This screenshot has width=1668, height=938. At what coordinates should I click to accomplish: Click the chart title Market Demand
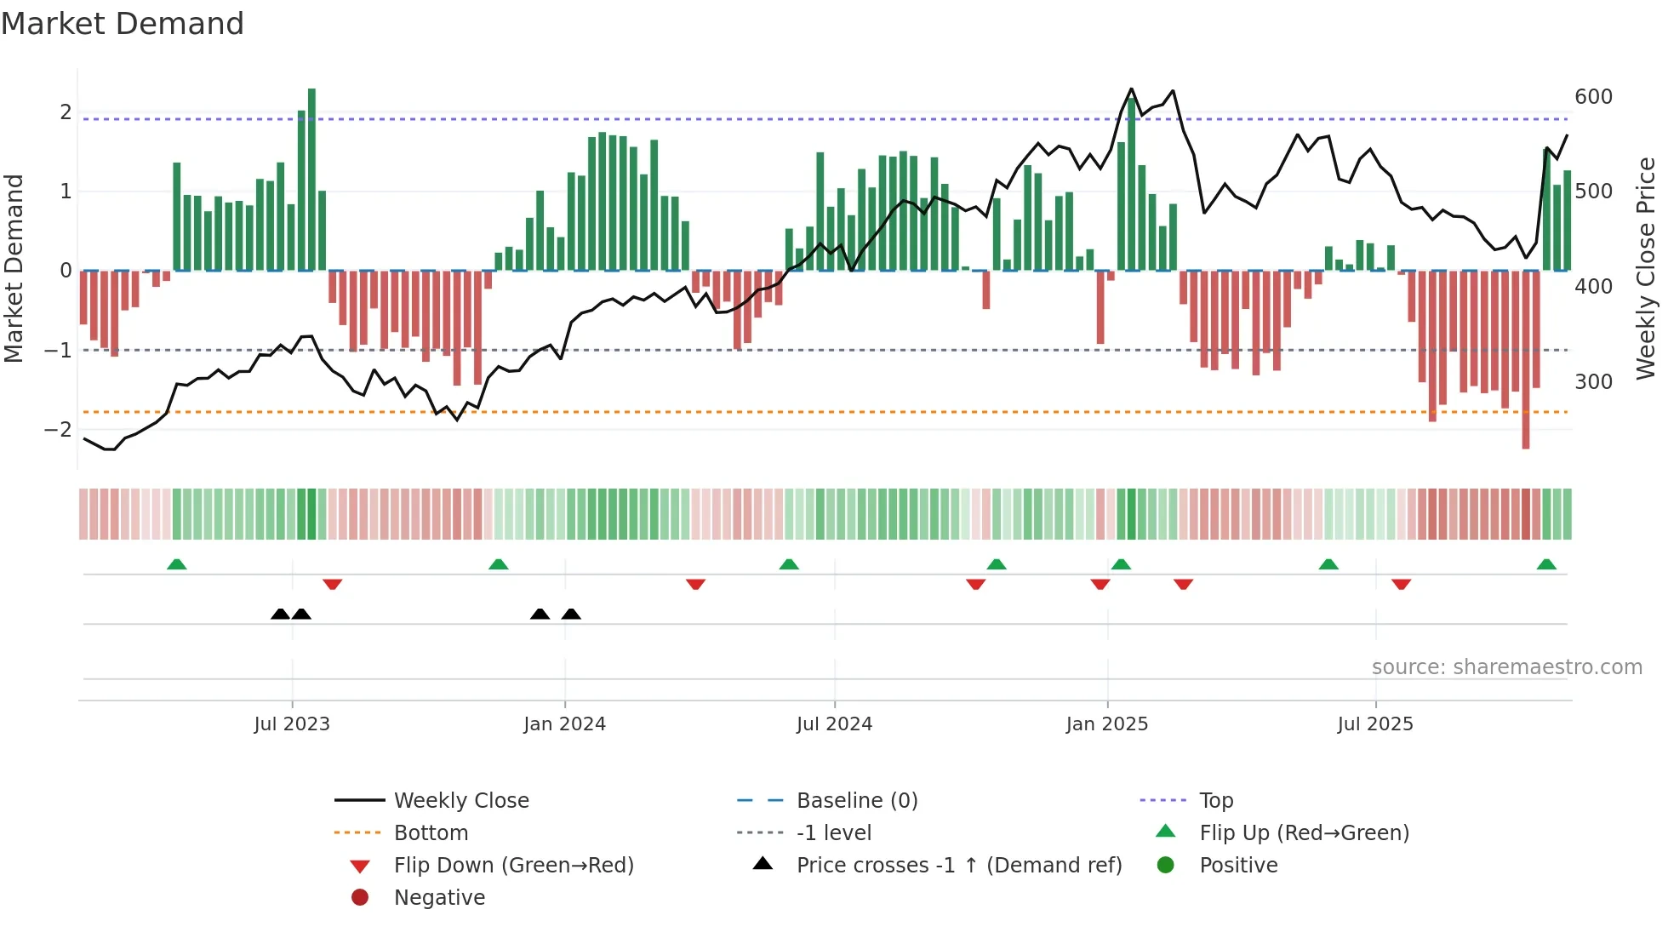pyautogui.click(x=123, y=24)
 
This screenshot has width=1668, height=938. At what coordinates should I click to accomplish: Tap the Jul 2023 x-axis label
pyautogui.click(x=291, y=724)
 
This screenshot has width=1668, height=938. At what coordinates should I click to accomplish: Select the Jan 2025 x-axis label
pyautogui.click(x=1106, y=724)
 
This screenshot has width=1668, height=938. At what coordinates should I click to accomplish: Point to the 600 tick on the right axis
pyautogui.click(x=1593, y=97)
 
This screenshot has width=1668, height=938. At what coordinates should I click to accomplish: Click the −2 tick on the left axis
pyautogui.click(x=59, y=430)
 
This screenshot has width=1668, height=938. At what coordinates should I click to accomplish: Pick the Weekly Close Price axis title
pyautogui.click(x=1646, y=268)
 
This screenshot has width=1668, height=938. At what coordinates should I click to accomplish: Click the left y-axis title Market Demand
pyautogui.click(x=14, y=268)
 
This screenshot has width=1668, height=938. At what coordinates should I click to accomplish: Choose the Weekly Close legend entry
pyautogui.click(x=460, y=801)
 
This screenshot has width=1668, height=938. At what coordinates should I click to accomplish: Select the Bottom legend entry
pyautogui.click(x=431, y=833)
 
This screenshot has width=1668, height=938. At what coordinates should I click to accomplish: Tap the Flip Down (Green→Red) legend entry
pyautogui.click(x=513, y=866)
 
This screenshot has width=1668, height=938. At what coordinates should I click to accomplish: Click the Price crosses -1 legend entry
pyautogui.click(x=958, y=866)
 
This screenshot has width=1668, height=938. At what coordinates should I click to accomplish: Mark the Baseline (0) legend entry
pyautogui.click(x=856, y=801)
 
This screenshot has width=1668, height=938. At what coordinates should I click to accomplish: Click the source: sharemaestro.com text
pyautogui.click(x=1506, y=667)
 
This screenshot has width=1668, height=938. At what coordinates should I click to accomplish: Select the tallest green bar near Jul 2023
pyautogui.click(x=311, y=179)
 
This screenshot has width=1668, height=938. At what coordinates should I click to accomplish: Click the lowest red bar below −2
pyautogui.click(x=1526, y=357)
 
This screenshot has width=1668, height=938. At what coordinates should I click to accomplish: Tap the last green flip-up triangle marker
pyautogui.click(x=1546, y=564)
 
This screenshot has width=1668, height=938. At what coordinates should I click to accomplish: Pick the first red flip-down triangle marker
pyautogui.click(x=333, y=584)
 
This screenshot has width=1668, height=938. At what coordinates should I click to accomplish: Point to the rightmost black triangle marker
pyautogui.click(x=571, y=614)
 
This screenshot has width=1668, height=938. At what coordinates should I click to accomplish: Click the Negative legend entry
pyautogui.click(x=439, y=898)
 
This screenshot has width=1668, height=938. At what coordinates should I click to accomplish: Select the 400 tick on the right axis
pyautogui.click(x=1593, y=287)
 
